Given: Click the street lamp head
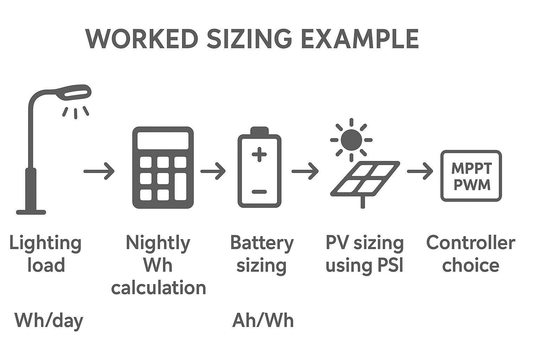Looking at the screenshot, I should (x=75, y=92).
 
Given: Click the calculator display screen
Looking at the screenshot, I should (x=163, y=141).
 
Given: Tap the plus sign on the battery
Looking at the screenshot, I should (x=259, y=154).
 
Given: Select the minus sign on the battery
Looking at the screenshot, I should (x=259, y=192).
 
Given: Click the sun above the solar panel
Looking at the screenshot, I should (x=351, y=140).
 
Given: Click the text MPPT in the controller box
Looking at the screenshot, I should (x=471, y=168).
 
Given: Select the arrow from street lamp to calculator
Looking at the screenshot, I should (x=99, y=171).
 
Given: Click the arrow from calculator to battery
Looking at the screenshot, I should (x=213, y=171).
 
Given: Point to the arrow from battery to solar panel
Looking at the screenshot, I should (x=305, y=171).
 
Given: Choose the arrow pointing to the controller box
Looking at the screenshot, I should (x=420, y=171).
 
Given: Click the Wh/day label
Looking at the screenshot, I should (x=49, y=321).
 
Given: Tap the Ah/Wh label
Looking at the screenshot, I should (x=263, y=321).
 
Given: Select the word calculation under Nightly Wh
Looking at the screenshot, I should (x=158, y=288).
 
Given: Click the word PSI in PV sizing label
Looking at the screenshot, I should (x=390, y=265).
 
